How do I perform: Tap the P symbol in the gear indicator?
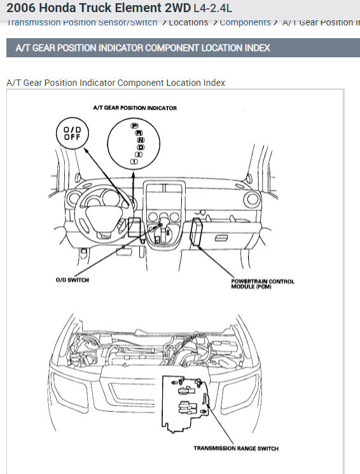tap(134, 126)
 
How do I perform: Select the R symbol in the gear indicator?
tap(137, 132)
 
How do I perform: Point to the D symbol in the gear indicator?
tap(140, 147)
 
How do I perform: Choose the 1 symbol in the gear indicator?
tap(134, 162)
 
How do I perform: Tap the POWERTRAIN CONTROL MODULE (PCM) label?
tap(263, 283)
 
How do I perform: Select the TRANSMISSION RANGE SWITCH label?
tap(236, 449)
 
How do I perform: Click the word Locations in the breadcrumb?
tap(188, 22)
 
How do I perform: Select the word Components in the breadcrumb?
tap(245, 22)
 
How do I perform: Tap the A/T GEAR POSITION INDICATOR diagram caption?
tap(135, 108)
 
